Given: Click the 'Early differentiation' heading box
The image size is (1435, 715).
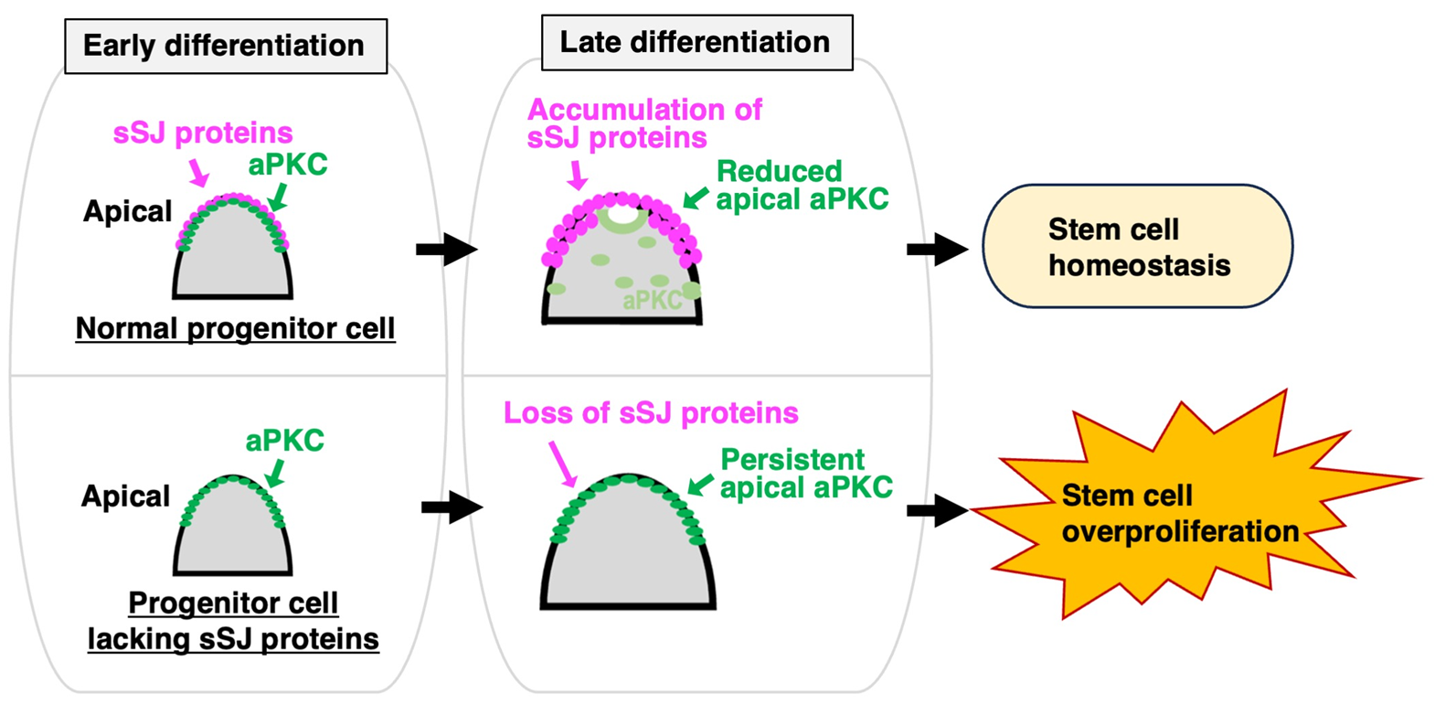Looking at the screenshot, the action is coord(226,46).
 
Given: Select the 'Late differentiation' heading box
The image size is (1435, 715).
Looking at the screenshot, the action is coord(697,43).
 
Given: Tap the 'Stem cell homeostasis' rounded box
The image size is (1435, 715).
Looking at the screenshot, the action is coord(1138,247).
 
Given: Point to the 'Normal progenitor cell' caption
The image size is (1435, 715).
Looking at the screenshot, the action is coord(235,328).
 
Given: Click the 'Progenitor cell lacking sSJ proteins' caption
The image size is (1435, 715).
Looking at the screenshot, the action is coord(233,621).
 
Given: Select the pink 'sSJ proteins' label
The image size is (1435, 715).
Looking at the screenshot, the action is coord(203,133).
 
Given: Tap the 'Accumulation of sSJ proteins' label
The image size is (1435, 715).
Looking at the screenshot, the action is coord(644,123).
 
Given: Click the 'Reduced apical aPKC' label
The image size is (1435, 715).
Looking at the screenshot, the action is coord(803,186).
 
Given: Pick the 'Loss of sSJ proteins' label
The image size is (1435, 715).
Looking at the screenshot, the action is coord(651,413).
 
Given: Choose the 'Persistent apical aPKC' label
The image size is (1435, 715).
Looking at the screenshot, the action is coord(806,474).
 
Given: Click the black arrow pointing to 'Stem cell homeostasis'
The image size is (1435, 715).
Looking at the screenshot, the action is coord(937,250).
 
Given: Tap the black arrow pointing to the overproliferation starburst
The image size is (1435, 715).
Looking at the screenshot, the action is coord(937,510).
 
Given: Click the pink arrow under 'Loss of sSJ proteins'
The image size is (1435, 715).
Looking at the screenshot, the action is coord(562,464).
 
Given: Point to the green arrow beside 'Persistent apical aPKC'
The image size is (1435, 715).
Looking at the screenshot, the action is coord(700,485).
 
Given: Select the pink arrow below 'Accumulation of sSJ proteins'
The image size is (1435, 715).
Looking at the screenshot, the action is coord(578,175).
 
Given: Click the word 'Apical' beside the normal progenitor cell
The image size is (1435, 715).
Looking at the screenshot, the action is coord(127,211).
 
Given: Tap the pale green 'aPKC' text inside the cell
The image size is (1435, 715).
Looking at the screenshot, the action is coord(653,300).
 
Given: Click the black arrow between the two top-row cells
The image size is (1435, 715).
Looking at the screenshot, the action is coord(447,250).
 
